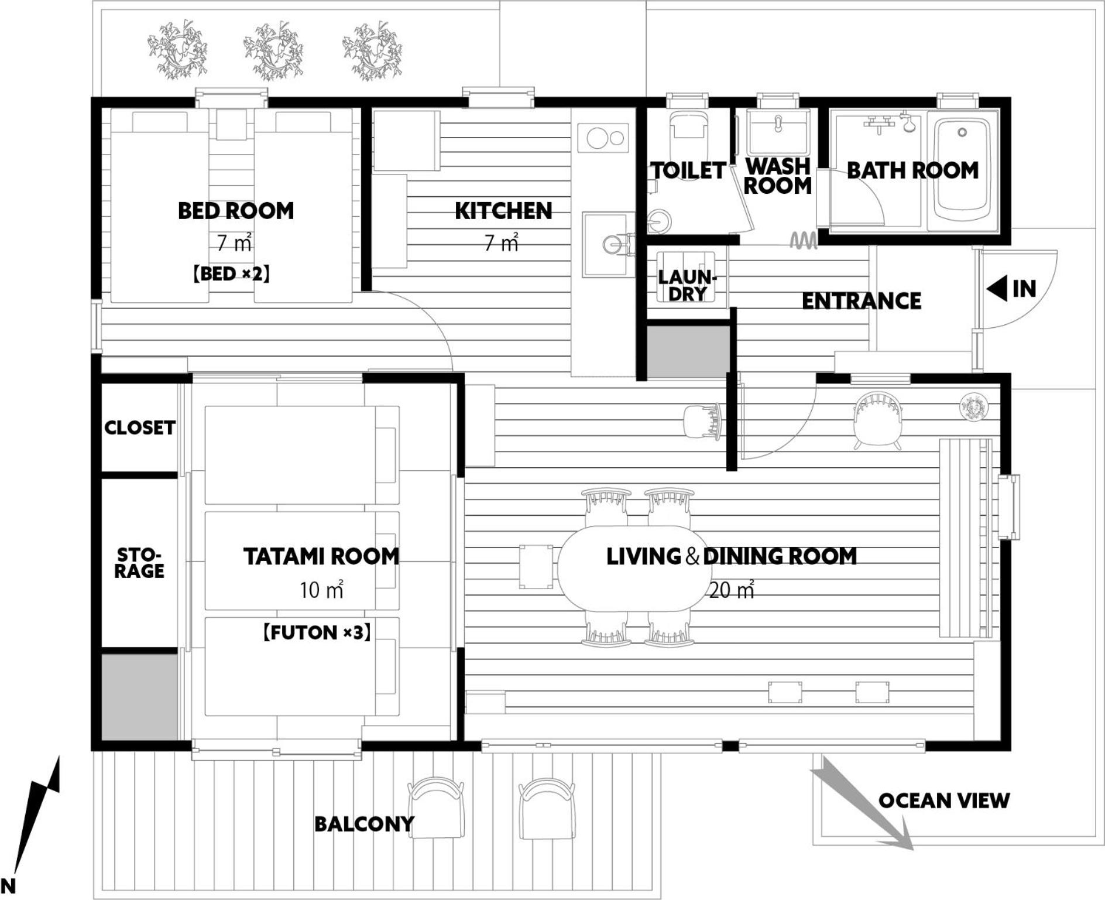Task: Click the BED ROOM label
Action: (x=236, y=211)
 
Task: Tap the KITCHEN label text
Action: (x=503, y=211)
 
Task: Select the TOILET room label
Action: (x=689, y=170)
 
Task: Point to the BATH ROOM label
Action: (x=912, y=170)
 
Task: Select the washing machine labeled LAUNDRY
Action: (x=688, y=277)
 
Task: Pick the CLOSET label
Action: (x=140, y=427)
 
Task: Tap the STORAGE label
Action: (x=139, y=563)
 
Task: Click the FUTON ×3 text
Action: (x=317, y=632)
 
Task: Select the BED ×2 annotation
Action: (x=232, y=273)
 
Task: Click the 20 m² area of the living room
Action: (x=731, y=590)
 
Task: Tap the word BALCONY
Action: (x=364, y=824)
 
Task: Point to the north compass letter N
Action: (x=8, y=885)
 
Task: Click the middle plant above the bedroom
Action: (x=273, y=51)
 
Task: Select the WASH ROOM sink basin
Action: (x=778, y=130)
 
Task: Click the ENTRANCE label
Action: (x=861, y=301)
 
